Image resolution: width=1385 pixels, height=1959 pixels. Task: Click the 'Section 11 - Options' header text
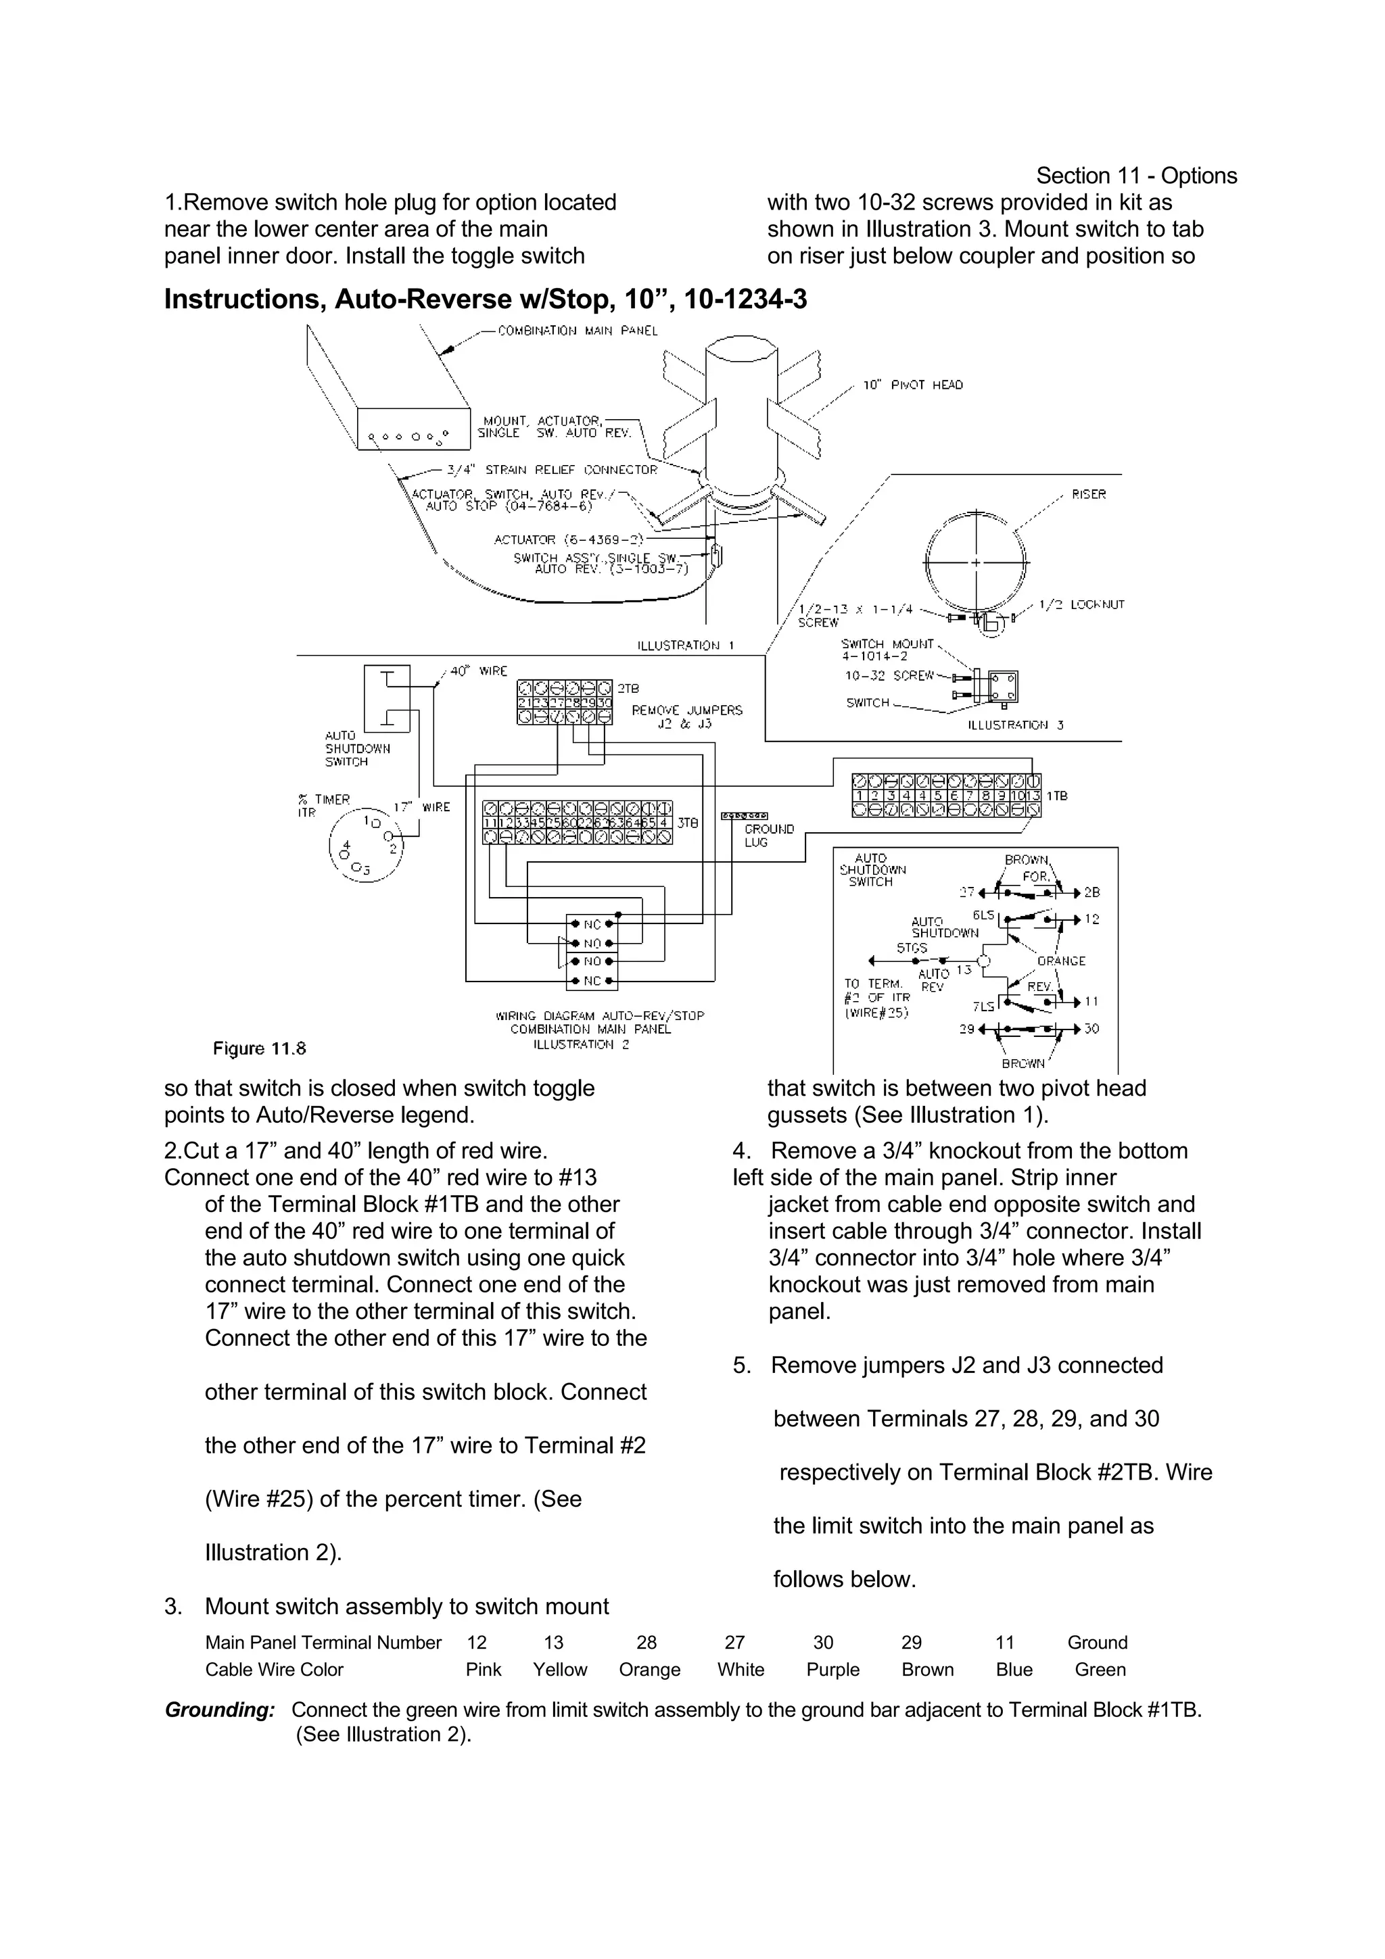click(x=1136, y=176)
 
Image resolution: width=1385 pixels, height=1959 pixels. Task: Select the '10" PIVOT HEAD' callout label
click(x=912, y=386)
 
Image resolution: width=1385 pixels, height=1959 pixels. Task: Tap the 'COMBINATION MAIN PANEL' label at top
click(x=578, y=331)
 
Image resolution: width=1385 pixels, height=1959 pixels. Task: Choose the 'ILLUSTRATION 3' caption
click(x=1016, y=725)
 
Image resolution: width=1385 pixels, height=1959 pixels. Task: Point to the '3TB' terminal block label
click(x=687, y=823)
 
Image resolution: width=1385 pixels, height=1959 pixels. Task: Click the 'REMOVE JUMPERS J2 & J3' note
click(x=687, y=717)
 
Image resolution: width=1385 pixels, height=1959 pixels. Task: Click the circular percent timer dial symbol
click(x=366, y=844)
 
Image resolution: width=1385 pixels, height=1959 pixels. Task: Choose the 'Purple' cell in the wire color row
click(x=833, y=1670)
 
